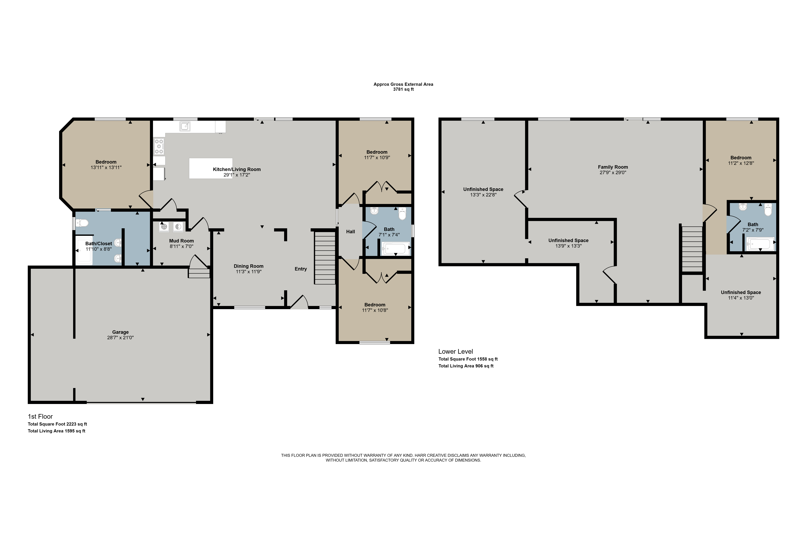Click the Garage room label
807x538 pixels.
(x=120, y=332)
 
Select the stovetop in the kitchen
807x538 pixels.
(x=159, y=146)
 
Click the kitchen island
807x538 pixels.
(x=211, y=168)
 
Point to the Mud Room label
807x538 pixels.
(x=181, y=241)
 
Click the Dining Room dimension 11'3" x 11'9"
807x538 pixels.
(x=249, y=272)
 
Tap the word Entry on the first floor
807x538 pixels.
(x=301, y=269)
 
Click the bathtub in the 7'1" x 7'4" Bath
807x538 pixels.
(x=396, y=248)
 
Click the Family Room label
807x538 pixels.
(x=613, y=167)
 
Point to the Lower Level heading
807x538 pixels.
(x=456, y=351)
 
